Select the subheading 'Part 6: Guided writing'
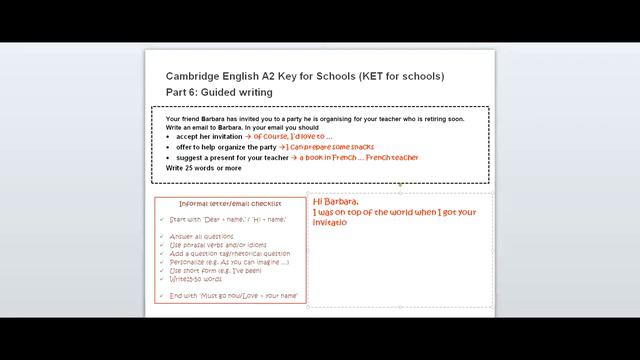pos(219,93)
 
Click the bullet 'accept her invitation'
pos(213,137)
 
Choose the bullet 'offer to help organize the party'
pos(226,147)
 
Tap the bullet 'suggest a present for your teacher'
pos(232,158)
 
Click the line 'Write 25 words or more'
pos(203,168)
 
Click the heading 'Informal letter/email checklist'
pos(232,205)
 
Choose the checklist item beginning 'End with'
pos(234,296)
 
